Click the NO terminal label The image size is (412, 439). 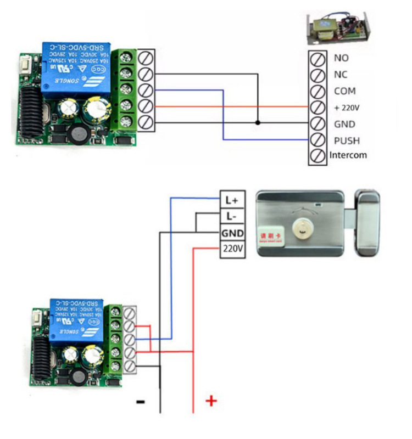point(341,58)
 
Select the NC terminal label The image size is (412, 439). point(341,74)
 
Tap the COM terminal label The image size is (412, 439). point(344,91)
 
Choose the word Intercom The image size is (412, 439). point(348,155)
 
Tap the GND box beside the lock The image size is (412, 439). point(232,233)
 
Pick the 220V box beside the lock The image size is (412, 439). point(232,249)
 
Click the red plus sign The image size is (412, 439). point(211,401)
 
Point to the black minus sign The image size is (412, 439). point(141,402)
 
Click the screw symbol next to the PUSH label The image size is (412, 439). point(318,140)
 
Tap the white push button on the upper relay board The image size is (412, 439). point(24,65)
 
